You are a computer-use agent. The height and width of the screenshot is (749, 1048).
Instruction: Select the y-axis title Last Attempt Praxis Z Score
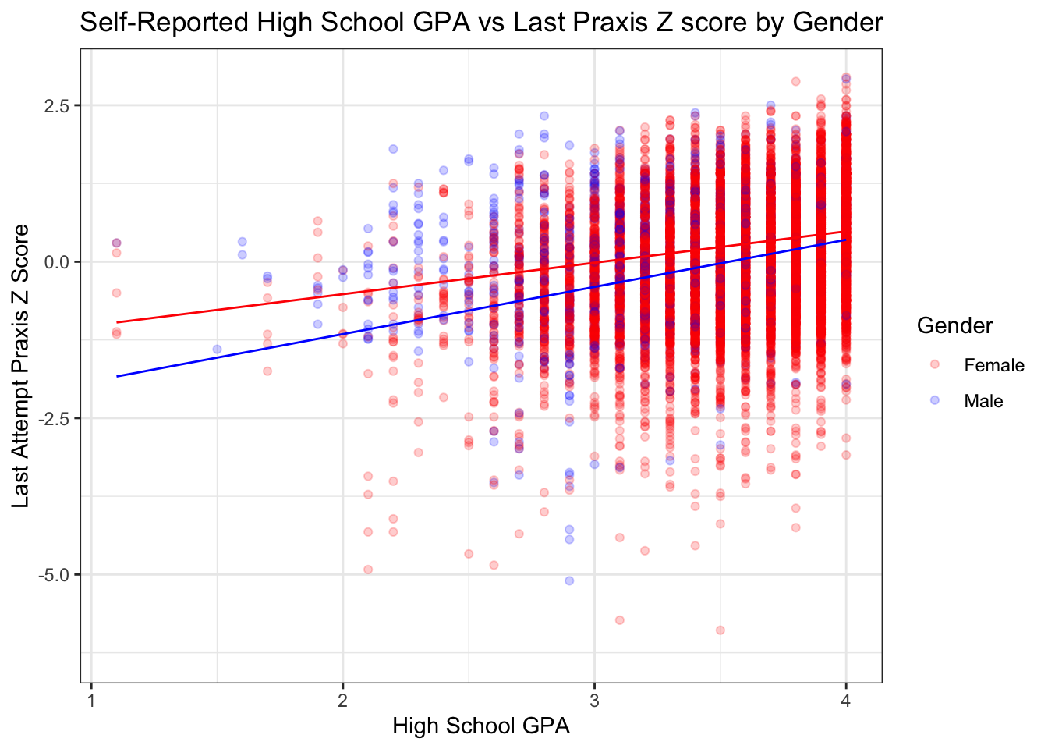[21, 365]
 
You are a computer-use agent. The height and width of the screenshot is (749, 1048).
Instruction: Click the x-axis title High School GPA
[480, 726]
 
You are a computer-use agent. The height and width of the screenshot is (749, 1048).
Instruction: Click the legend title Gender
[954, 325]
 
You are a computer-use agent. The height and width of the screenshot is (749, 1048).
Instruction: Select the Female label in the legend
[993, 365]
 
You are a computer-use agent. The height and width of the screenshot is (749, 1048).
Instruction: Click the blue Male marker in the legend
[935, 400]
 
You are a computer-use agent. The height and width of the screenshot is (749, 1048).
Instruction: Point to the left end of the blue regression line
[117, 376]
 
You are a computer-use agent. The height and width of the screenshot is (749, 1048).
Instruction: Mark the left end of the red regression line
[117, 321]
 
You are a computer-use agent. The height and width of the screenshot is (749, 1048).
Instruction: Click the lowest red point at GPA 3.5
[720, 630]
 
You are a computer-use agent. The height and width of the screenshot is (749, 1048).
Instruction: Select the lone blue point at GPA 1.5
[218, 349]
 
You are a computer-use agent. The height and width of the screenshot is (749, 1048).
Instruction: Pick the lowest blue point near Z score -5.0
[569, 580]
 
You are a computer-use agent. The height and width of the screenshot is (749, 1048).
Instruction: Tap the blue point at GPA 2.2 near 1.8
[393, 148]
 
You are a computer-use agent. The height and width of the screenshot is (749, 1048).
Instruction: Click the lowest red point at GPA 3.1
[620, 619]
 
